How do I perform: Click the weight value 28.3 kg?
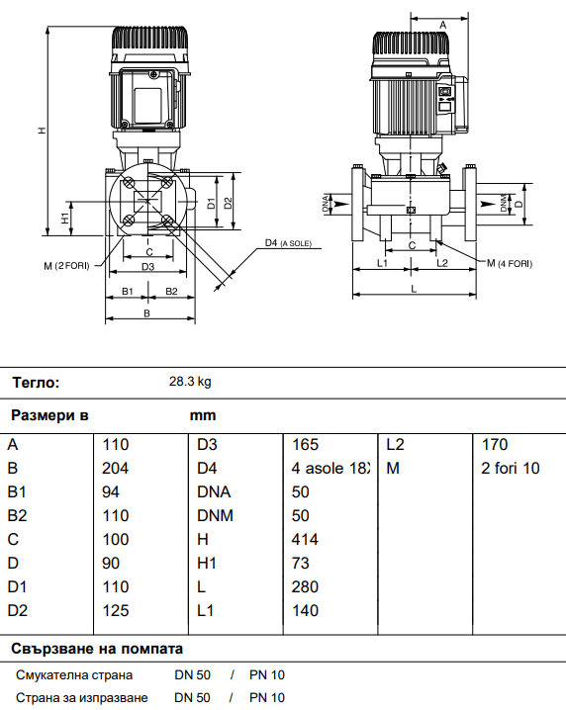point(190,382)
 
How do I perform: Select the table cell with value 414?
point(306,539)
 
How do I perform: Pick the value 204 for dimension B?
point(116,468)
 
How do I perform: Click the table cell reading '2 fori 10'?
point(510,468)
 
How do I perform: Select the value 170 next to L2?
point(494,444)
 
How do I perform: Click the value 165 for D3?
point(306,444)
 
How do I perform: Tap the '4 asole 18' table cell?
point(330,468)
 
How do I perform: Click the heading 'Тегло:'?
point(36,382)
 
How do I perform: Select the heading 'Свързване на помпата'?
point(97,649)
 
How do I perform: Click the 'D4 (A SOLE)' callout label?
point(288,243)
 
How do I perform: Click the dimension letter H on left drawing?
point(41,130)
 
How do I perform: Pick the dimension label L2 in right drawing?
point(442,262)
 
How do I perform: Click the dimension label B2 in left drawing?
point(171,291)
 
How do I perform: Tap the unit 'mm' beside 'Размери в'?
point(202,415)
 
